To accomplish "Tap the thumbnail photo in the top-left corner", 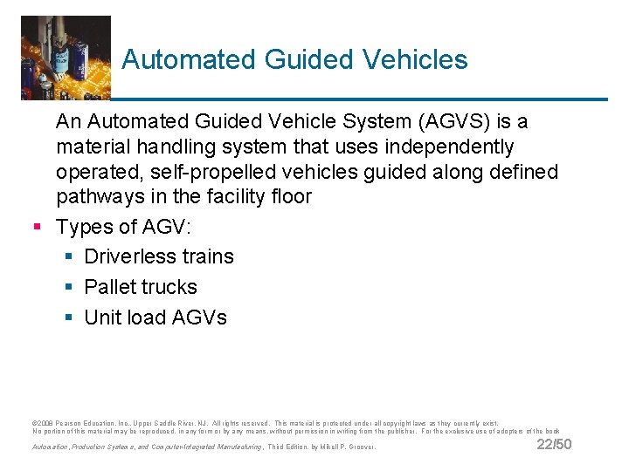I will tap(66, 58).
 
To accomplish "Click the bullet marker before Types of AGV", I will tap(38, 228).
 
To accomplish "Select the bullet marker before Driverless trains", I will tap(68, 257).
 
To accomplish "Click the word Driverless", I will tap(130, 256).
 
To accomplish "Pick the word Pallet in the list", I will tap(110, 287).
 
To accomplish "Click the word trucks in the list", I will tap(169, 287).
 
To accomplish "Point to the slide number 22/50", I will tap(554, 445).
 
